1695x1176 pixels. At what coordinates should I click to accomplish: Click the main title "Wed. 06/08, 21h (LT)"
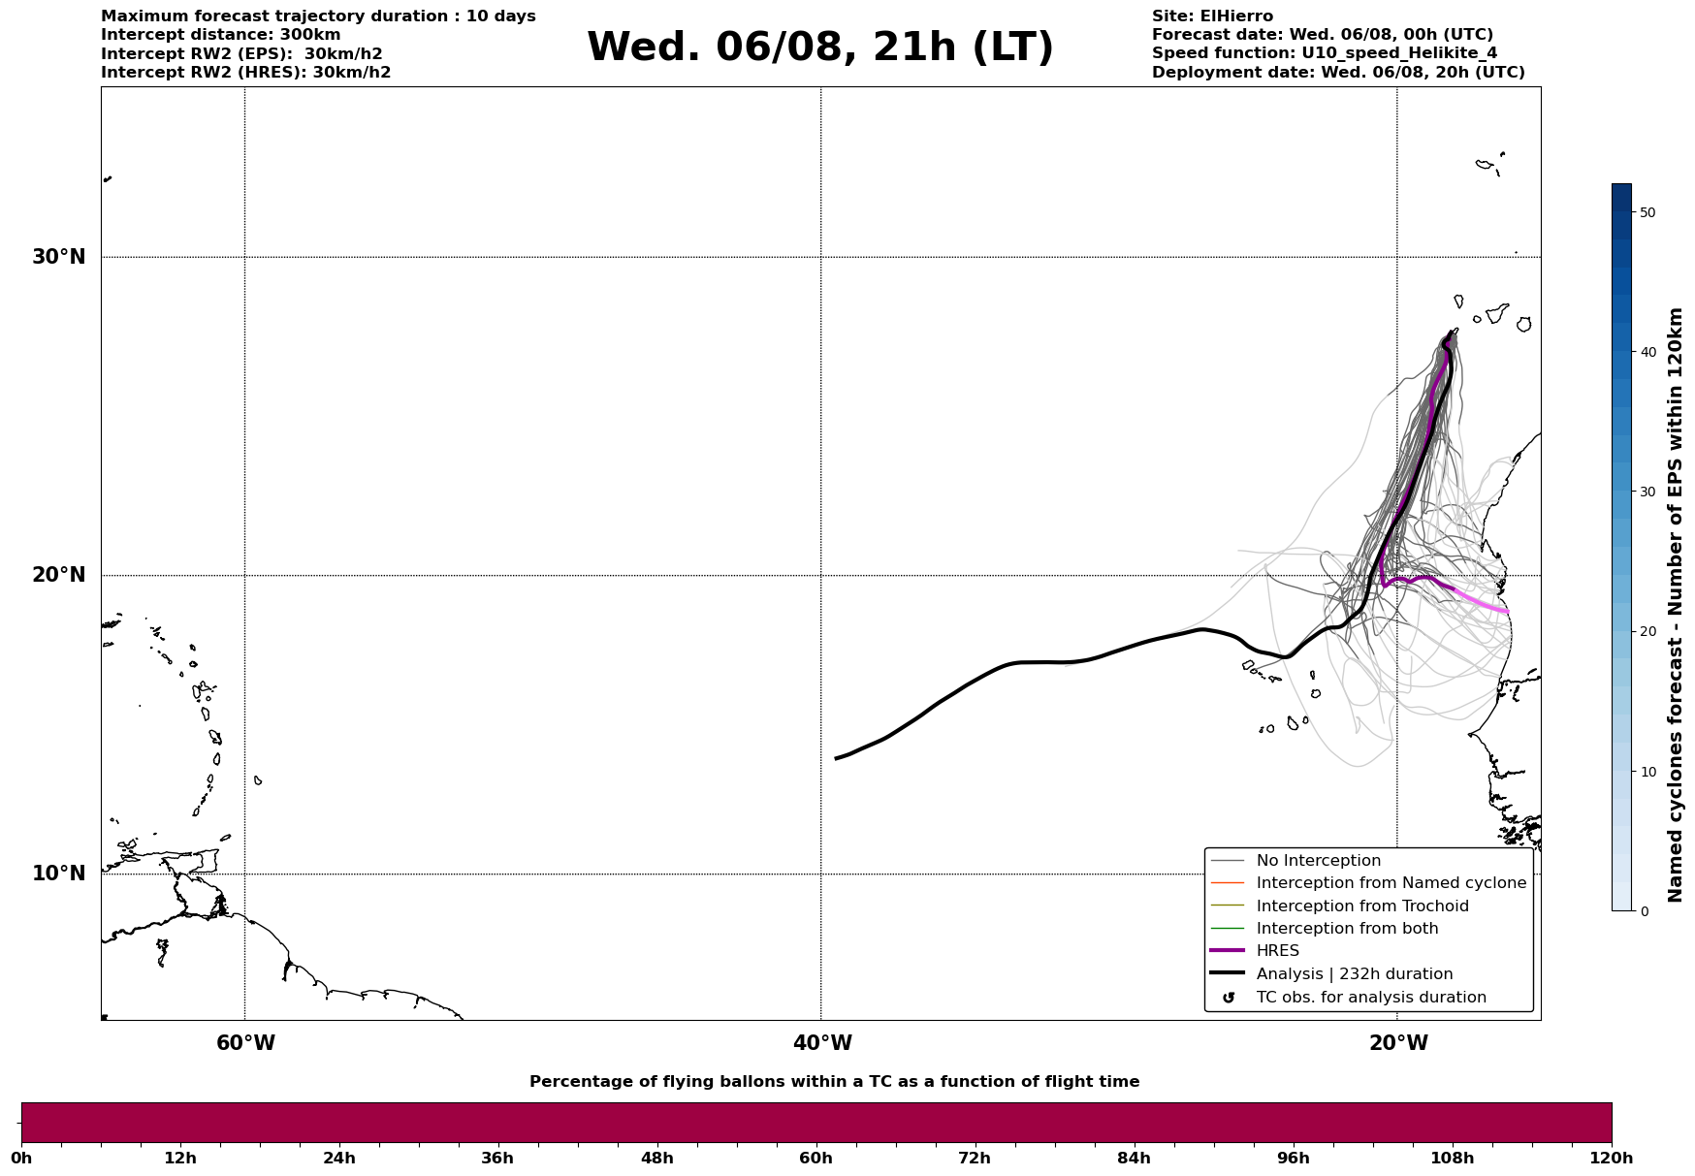point(819,48)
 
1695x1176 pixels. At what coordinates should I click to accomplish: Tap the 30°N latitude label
point(59,257)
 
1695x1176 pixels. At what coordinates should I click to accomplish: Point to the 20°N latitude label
point(59,575)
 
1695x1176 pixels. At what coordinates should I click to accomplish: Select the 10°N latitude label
point(59,874)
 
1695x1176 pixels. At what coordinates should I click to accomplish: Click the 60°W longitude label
point(245,1043)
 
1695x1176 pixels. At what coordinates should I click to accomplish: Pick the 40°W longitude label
point(822,1043)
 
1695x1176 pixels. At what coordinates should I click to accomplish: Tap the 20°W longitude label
point(1398,1043)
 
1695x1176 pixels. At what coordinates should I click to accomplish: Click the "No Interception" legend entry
point(1318,861)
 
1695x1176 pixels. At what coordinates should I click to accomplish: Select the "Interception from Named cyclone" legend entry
point(1391,883)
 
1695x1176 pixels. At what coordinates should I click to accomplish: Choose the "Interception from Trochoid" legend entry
point(1361,906)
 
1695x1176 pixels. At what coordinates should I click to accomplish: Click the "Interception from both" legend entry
point(1347,929)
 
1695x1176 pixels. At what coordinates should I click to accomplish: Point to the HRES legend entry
point(1277,951)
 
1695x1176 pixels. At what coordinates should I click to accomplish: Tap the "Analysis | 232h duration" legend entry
point(1354,974)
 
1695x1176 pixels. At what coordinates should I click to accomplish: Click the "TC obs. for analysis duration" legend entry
point(1370,998)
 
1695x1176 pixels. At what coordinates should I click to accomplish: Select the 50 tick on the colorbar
point(1647,212)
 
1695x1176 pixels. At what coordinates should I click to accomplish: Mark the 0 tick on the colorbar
point(1643,911)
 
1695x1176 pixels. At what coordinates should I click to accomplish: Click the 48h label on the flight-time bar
point(656,1159)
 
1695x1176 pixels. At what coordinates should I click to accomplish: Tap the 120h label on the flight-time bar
point(1611,1159)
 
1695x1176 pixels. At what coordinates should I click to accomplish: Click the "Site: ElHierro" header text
point(1212,16)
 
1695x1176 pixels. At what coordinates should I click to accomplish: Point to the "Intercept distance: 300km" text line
point(221,35)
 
